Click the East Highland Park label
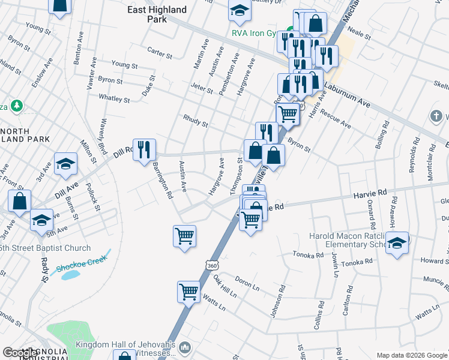pyautogui.click(x=157, y=14)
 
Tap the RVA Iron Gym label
pyautogui.click(x=256, y=34)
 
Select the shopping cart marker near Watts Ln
pyautogui.click(x=189, y=292)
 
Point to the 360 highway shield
pyautogui.click(x=211, y=265)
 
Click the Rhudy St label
pyautogui.click(x=196, y=122)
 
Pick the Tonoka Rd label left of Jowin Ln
pyautogui.click(x=309, y=255)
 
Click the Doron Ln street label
pyautogui.click(x=247, y=283)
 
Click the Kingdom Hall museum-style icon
pyautogui.click(x=185, y=347)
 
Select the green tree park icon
pyautogui.click(x=17, y=106)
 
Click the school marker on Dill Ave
pyautogui.click(x=65, y=164)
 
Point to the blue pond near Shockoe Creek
pyautogui.click(x=69, y=275)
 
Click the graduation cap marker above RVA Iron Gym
pyautogui.click(x=240, y=10)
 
